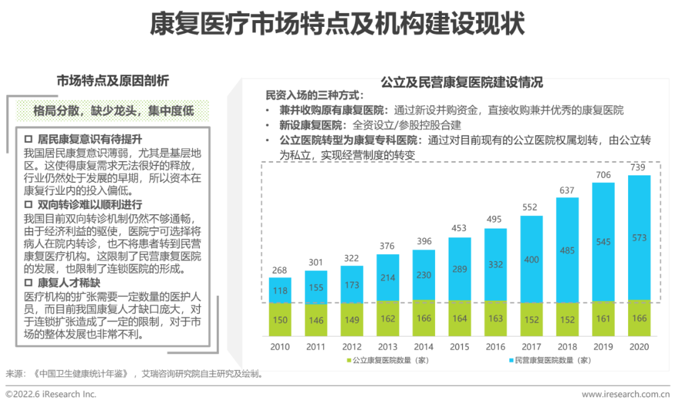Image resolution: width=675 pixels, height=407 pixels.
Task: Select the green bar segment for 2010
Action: tap(280, 320)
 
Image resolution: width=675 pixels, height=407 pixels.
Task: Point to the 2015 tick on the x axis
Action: tap(459, 346)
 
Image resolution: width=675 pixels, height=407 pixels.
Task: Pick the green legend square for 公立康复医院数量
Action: tap(349, 360)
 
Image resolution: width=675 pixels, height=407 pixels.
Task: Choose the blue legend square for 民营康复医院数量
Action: tap(510, 360)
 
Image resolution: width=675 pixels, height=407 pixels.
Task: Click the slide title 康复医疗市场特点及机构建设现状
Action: tap(337, 26)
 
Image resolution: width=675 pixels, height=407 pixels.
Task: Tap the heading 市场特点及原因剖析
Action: tap(112, 81)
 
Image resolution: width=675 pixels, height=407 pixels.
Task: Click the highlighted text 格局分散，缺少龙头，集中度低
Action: tap(113, 111)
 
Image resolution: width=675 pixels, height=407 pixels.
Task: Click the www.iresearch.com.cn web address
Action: tap(626, 395)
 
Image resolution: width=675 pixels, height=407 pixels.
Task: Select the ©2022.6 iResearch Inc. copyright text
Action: tap(51, 395)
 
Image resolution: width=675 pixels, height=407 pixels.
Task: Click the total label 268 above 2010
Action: tap(280, 270)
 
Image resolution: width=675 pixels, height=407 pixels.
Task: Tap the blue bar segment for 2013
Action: tap(387, 277)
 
